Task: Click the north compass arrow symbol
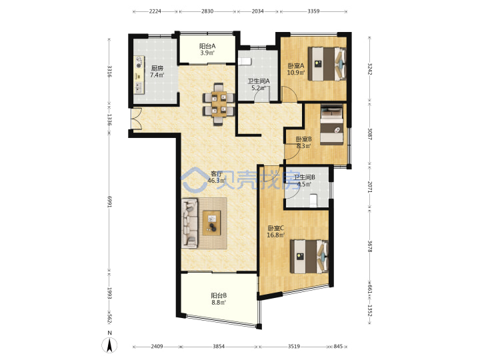109,345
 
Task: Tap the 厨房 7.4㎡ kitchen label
157,71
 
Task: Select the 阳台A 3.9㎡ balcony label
207,49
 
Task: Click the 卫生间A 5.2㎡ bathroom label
259,85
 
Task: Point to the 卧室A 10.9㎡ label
296,69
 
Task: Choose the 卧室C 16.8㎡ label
276,232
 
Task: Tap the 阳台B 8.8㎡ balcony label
219,299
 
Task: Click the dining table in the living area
219,105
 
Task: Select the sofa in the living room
189,223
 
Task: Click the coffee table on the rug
212,223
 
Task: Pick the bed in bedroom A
327,64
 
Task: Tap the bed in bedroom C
309,257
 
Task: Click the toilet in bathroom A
245,61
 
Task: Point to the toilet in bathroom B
313,201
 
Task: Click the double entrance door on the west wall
135,119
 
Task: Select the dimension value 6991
109,202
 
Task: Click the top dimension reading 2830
207,11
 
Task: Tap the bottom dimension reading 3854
219,347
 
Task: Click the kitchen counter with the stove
139,75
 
